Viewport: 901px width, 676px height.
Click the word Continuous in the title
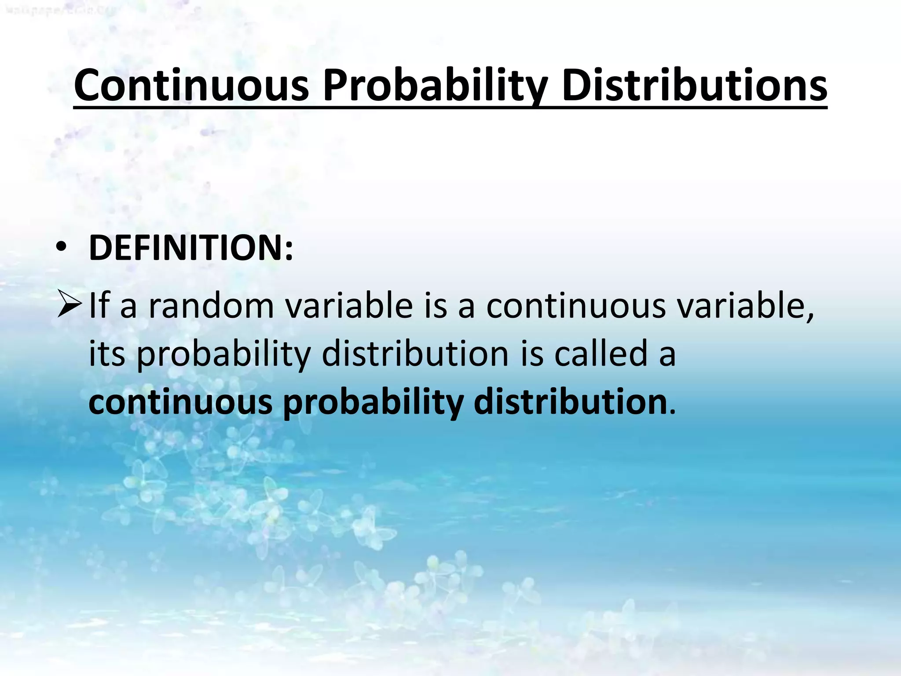pos(191,85)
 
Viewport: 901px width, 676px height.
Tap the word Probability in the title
pos(435,85)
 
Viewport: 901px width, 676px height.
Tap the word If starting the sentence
pos(99,305)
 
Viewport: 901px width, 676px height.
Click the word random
pos(211,305)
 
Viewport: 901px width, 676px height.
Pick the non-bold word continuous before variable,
pos(576,305)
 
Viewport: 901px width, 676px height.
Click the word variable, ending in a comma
pos(746,305)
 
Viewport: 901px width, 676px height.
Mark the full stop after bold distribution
pos(671,412)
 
